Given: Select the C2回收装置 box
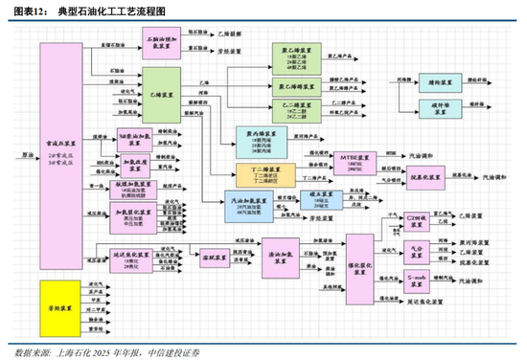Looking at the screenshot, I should (417, 218).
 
